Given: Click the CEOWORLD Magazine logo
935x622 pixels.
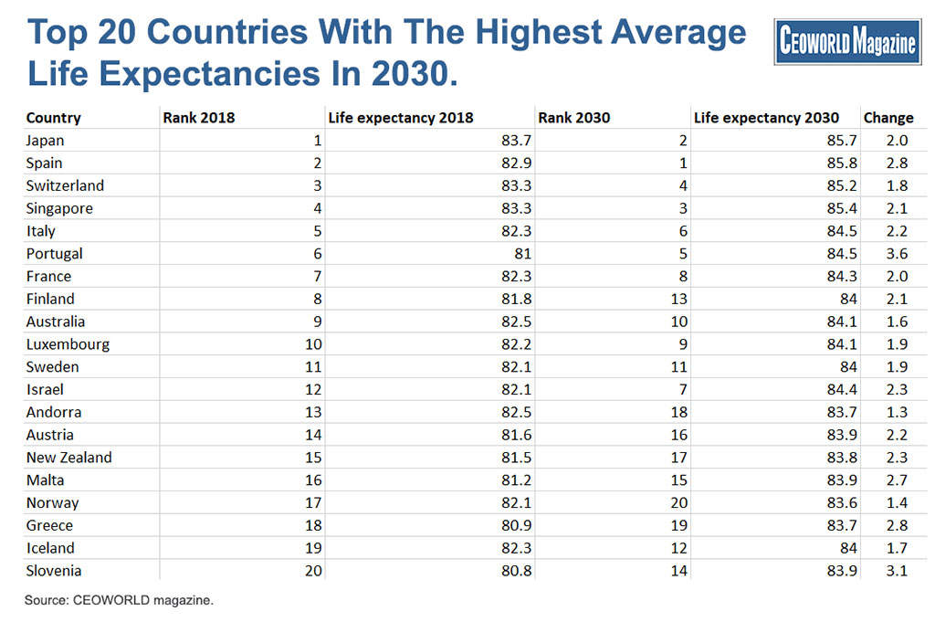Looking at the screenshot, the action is [x=847, y=42].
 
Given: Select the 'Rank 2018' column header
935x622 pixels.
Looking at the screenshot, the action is [x=198, y=118].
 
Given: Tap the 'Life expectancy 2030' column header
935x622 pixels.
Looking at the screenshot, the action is [x=766, y=118].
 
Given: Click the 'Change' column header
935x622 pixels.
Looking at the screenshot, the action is [x=888, y=118].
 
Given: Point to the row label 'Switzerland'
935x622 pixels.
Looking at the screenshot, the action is [x=65, y=185].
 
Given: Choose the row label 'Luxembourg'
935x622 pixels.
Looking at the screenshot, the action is [x=68, y=344].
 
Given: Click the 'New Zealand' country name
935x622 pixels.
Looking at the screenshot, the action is [x=69, y=458].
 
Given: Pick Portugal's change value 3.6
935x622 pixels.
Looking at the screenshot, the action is [x=897, y=253].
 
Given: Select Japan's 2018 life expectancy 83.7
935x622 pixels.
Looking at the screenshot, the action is [x=517, y=140].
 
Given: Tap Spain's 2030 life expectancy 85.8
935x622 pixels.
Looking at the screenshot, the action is [x=842, y=163].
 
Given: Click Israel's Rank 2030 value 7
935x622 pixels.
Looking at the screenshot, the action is [x=683, y=389].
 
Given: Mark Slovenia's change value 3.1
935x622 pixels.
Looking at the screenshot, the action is [x=897, y=571].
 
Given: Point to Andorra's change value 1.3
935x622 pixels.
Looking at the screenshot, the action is [x=897, y=412].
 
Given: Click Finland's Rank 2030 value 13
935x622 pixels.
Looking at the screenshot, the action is [x=679, y=299].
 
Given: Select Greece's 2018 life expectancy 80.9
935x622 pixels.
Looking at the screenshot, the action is [x=517, y=525].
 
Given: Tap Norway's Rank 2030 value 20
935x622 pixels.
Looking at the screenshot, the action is [x=679, y=502].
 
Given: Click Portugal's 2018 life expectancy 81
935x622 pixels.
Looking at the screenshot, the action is [x=523, y=253].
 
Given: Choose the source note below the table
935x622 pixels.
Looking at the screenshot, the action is [x=119, y=600].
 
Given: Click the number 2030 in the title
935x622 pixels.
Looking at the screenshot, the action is [x=407, y=73].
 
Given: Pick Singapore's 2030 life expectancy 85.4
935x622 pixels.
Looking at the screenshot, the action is [x=842, y=208].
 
